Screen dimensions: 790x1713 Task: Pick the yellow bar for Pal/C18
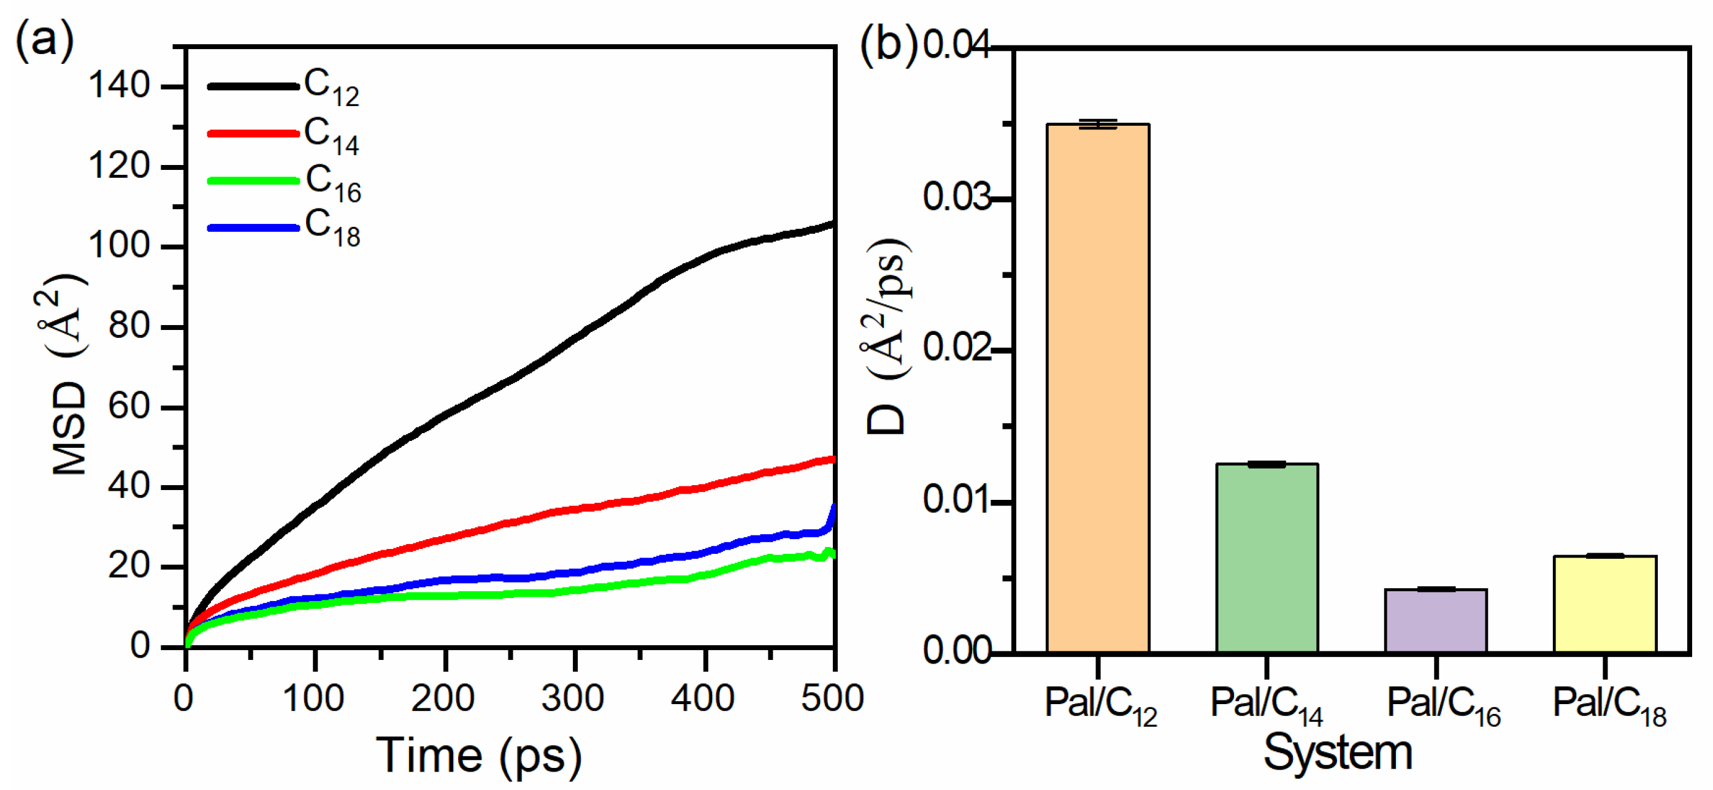1604,603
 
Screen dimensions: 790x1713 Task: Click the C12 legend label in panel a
331,87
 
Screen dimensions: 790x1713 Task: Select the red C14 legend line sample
253,134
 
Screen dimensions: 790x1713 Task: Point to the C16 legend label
332,182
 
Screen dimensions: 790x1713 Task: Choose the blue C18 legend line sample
253,228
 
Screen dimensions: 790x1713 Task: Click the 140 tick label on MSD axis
119,86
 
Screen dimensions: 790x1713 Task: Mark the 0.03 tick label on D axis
956,197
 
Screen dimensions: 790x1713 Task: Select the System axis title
1338,752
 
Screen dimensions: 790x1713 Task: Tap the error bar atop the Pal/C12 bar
1098,124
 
